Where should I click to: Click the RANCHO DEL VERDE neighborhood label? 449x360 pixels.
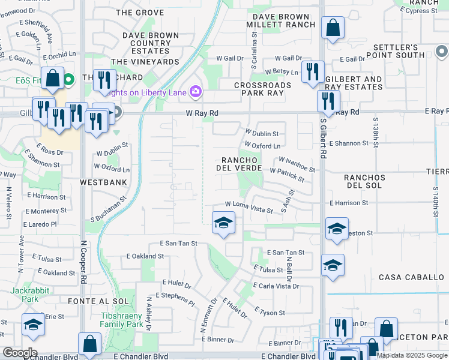[240, 164]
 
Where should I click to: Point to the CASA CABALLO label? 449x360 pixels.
[409, 277]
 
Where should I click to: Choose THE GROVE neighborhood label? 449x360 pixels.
[140, 12]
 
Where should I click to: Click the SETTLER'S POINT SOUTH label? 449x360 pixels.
[403, 52]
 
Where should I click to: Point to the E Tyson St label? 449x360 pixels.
[270, 312]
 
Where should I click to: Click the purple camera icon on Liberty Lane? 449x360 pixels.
[195, 92]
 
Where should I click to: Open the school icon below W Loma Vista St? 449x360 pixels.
[223, 223]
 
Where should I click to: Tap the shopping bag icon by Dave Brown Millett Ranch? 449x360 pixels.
[332, 28]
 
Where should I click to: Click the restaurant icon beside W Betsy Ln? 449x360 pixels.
[312, 71]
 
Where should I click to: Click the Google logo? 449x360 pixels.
[20, 353]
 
